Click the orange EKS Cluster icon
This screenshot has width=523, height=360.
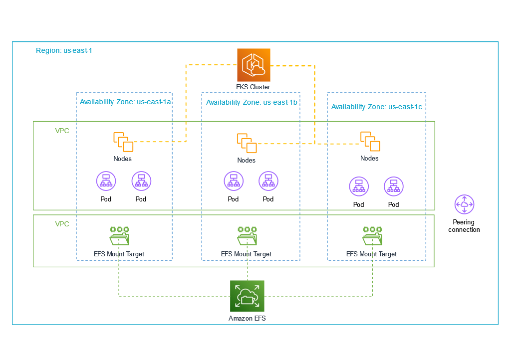click(x=254, y=65)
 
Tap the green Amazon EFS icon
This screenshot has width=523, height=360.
click(x=247, y=296)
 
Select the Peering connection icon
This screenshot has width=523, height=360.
click(x=464, y=204)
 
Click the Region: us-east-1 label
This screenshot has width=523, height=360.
click(x=64, y=51)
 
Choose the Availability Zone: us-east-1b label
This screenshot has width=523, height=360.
click(x=252, y=102)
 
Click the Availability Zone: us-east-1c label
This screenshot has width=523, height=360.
click(x=376, y=107)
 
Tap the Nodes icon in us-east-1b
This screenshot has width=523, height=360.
click(x=247, y=143)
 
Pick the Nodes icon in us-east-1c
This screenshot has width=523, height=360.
click(x=370, y=141)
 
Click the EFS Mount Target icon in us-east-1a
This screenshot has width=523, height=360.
click(x=119, y=236)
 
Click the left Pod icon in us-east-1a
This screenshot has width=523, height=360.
click(x=106, y=182)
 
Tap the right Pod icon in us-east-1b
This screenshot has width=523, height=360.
click(x=268, y=182)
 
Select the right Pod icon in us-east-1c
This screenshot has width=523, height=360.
click(x=393, y=187)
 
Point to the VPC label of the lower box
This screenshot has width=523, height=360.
click(x=62, y=224)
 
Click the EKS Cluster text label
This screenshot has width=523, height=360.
click(x=253, y=87)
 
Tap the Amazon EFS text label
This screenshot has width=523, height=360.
click(x=247, y=318)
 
